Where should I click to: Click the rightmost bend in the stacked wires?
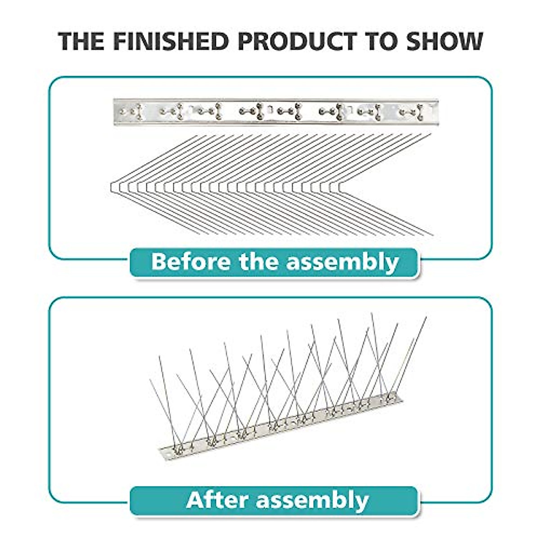(343, 187)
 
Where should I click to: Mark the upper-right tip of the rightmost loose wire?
(431, 134)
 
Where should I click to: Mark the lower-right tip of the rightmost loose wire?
(433, 235)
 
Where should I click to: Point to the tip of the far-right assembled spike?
(426, 317)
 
